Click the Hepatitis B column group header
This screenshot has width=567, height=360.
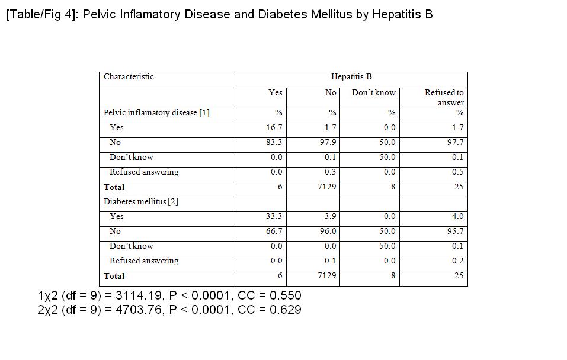tap(351, 76)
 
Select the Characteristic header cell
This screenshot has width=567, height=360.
tap(129, 76)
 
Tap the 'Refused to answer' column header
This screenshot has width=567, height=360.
tap(444, 97)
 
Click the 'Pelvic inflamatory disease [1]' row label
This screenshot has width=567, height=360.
tap(156, 112)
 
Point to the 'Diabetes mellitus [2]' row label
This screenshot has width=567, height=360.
tap(141, 201)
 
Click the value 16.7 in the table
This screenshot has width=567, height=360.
tap(274, 127)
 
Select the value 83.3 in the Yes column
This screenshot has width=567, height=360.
tap(274, 142)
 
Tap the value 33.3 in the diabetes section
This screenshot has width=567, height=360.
tap(274, 216)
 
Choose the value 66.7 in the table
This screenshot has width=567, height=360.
tap(274, 231)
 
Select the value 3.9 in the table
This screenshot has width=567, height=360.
tap(330, 216)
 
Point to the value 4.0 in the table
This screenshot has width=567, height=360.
tap(457, 216)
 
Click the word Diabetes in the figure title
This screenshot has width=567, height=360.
tap(282, 14)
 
